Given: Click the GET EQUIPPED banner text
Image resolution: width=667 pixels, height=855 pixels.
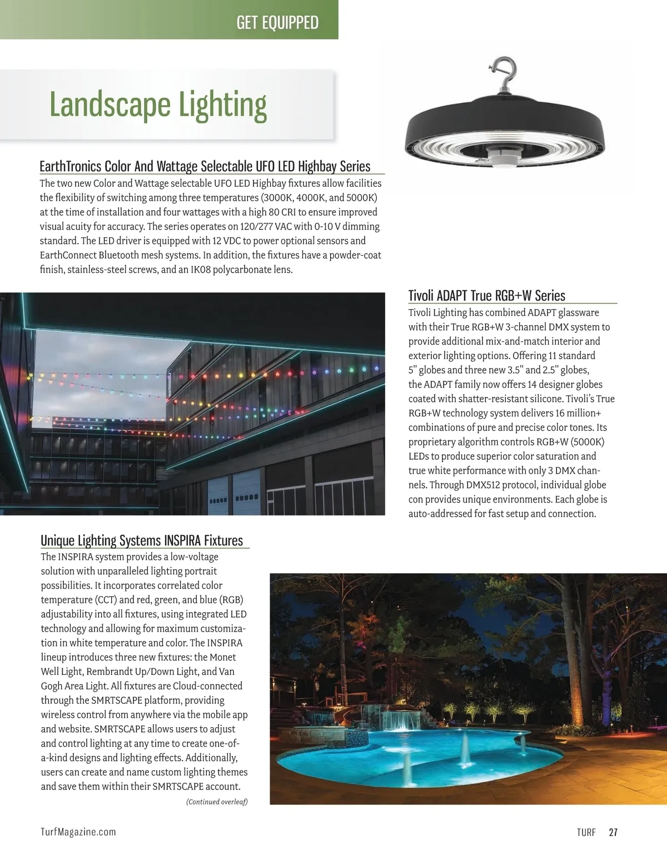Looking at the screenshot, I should pos(277,22).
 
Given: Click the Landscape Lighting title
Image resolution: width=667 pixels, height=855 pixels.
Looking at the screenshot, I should pos(158,105).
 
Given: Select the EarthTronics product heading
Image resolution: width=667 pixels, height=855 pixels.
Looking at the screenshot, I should pos(205,166).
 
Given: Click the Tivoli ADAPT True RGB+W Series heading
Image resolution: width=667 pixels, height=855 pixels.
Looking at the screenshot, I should pos(486,295).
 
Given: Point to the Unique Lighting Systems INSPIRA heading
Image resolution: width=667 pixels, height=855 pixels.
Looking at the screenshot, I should pos(142,540).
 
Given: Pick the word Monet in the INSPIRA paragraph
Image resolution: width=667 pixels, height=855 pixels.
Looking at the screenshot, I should pos(223,657).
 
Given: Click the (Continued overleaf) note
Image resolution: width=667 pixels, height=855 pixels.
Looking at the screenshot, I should pos(217,802).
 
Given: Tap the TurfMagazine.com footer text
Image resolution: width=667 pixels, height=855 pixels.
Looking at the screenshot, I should pos(78,832).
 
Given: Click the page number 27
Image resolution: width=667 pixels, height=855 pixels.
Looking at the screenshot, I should pos(613,832).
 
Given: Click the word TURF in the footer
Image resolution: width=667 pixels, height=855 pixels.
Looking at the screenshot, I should pos(586,832).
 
